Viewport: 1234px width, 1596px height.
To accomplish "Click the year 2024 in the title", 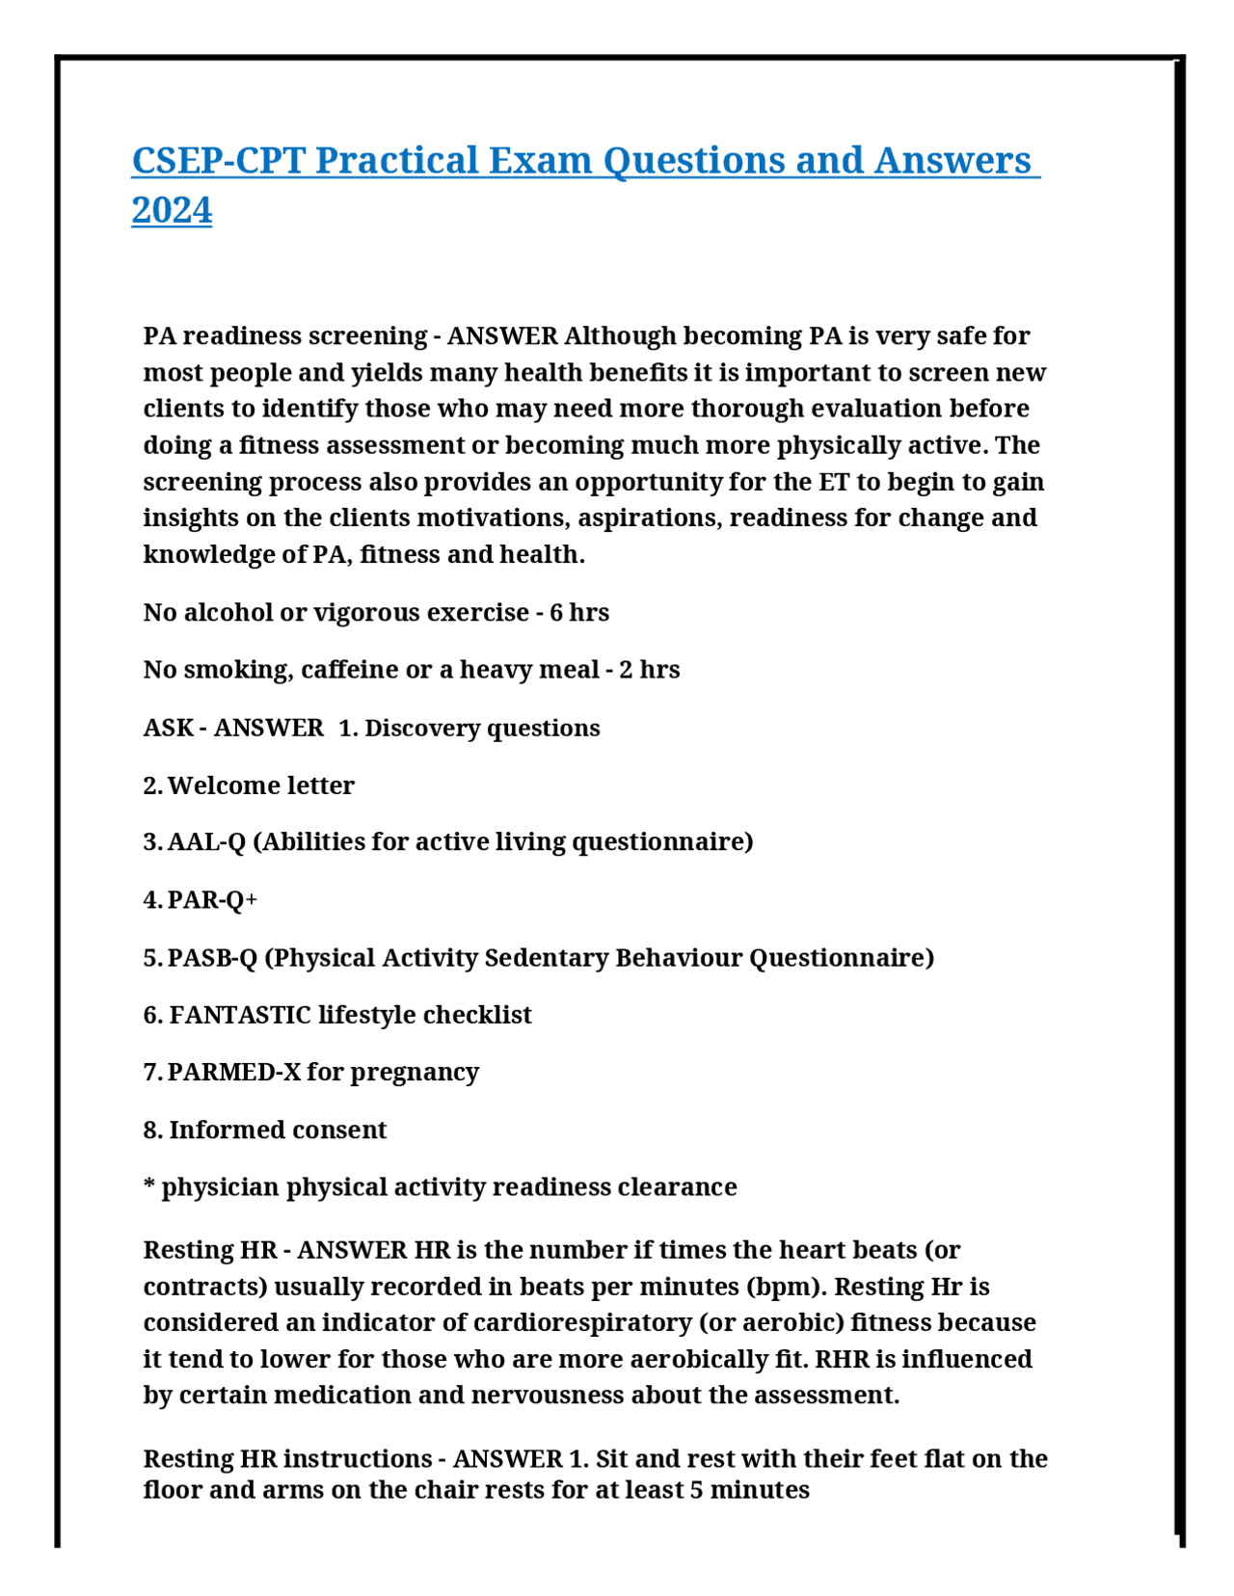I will [172, 210].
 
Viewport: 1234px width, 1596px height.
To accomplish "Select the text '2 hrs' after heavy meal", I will [649, 670].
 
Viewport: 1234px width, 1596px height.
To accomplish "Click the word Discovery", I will [421, 728].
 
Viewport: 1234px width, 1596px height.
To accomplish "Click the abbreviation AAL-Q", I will [206, 842].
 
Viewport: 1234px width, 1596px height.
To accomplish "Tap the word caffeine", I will [349, 670].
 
